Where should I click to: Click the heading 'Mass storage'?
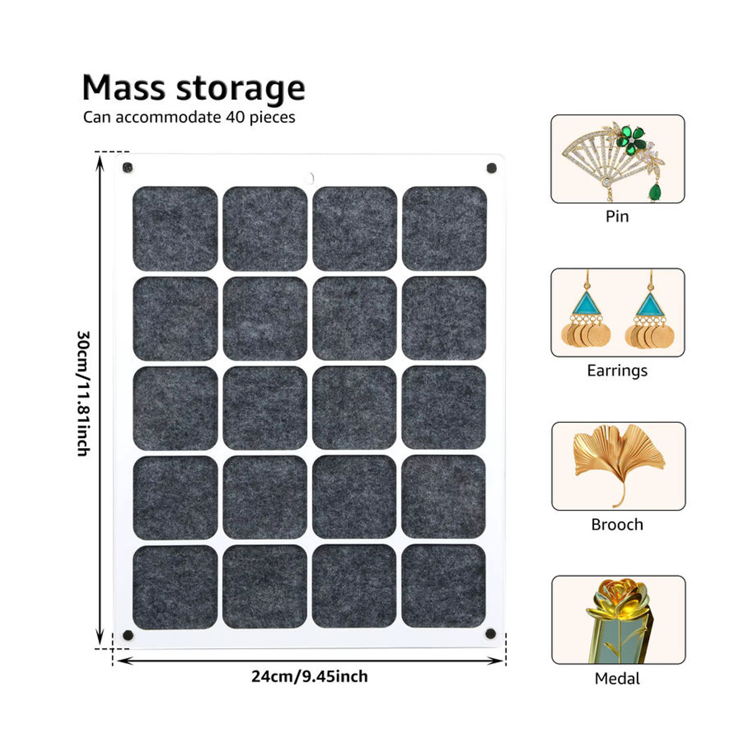click(193, 89)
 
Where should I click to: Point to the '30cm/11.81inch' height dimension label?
click(84, 393)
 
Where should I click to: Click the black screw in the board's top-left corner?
click(127, 168)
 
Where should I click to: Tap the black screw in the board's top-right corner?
click(492, 168)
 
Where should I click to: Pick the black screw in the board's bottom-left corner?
click(128, 635)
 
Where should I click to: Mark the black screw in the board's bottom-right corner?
click(491, 633)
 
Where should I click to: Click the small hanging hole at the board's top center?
click(310, 178)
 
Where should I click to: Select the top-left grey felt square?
click(175, 228)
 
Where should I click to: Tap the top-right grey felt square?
click(444, 228)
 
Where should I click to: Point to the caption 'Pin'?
click(617, 217)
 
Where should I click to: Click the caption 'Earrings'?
click(617, 370)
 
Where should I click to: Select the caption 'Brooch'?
click(617, 524)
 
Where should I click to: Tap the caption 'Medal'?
click(617, 678)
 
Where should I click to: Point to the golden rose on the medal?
click(617, 603)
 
